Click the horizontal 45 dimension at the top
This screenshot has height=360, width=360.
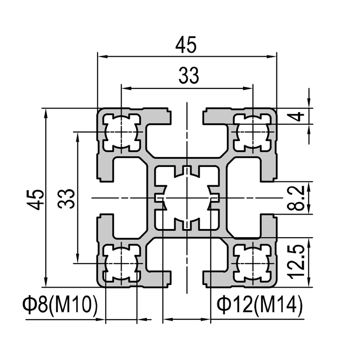186,45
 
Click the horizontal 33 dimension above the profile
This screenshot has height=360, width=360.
189,75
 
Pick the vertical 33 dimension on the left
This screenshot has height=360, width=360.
66,198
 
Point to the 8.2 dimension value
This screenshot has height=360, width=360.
296,198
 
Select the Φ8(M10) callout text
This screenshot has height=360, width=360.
60,305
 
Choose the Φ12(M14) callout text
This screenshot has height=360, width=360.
259,305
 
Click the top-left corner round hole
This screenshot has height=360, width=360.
121,132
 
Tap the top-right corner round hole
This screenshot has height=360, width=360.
252,132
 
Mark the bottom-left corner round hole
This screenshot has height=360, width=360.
121,264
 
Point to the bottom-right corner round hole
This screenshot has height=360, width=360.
252,264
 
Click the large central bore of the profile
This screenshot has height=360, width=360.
187,198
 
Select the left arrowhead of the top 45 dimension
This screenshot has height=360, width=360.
102,56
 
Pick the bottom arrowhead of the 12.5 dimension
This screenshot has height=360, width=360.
309,282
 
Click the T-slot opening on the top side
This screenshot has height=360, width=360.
187,116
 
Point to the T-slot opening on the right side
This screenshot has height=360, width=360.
269,198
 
